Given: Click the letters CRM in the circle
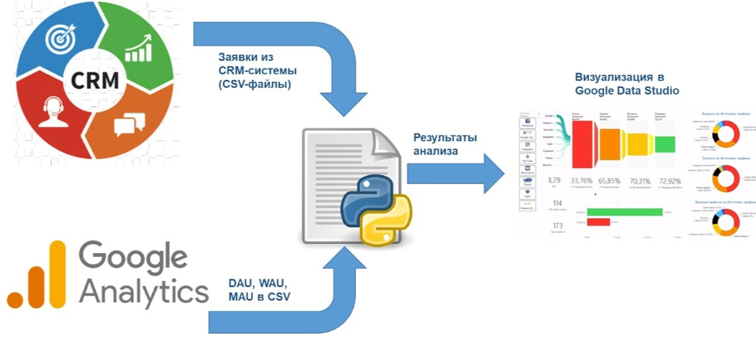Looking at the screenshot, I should (94, 81).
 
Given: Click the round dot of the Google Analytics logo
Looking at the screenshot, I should (16, 299).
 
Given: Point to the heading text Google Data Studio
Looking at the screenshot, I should (627, 91).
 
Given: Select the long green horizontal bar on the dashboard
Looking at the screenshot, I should (625, 211).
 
